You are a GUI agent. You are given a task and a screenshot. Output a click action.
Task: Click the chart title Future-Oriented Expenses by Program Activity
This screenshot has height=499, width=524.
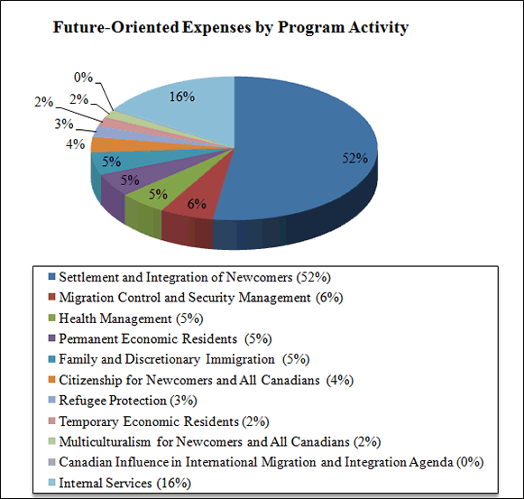pyautogui.click(x=231, y=28)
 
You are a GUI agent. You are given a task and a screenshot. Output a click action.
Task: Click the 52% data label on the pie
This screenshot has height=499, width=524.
pyautogui.click(x=354, y=159)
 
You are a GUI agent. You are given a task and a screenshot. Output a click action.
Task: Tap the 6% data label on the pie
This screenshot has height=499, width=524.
pyautogui.click(x=197, y=204)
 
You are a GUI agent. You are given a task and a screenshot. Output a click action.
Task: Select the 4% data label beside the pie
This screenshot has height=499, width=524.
pyautogui.click(x=75, y=143)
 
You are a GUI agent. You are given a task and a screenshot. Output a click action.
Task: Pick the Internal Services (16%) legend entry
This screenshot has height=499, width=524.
pyautogui.click(x=131, y=483)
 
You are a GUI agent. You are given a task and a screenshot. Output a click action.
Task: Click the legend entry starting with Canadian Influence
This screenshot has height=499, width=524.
pyautogui.click(x=271, y=462)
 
